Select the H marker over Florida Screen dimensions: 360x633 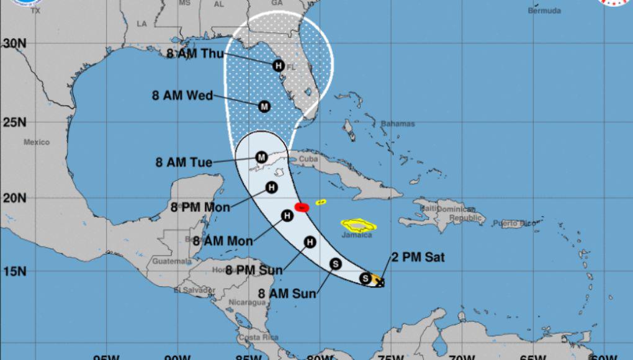[x=278, y=65]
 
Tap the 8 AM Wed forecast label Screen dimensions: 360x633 [x=182, y=96]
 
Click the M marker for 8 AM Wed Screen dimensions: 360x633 [x=264, y=106]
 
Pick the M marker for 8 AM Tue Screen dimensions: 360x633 [x=261, y=157]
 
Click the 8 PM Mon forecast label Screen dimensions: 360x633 [x=200, y=207]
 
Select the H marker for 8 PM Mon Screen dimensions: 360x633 [x=271, y=187]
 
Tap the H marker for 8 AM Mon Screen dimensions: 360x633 [x=287, y=215]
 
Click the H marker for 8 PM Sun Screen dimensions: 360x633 [x=310, y=242]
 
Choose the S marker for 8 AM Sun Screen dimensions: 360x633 [x=335, y=264]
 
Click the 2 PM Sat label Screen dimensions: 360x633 [x=418, y=258]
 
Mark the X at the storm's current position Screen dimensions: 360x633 [x=380, y=282]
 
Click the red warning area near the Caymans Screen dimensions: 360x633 [x=301, y=207]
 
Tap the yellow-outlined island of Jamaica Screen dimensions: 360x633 [x=356, y=225]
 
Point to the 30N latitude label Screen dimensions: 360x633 [x=13, y=43]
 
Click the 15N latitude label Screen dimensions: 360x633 [x=13, y=271]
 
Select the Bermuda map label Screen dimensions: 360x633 [x=544, y=11]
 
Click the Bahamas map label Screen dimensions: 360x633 [x=397, y=124]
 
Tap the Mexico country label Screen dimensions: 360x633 [x=37, y=142]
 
